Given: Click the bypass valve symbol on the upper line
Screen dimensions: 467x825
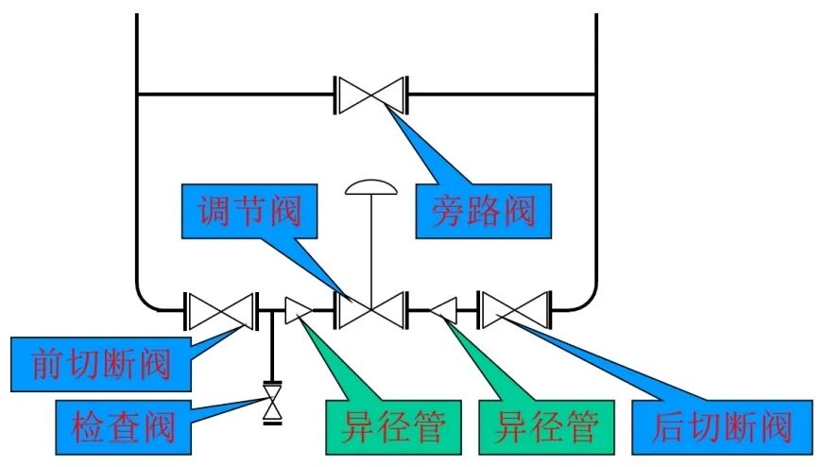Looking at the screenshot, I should point(371,94).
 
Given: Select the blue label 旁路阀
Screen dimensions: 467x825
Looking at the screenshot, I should point(484,210).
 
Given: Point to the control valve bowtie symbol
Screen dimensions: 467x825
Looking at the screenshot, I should point(371,309).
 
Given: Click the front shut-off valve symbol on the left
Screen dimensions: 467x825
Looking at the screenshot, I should point(221,309).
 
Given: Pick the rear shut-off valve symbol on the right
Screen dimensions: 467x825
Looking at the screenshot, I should point(515,309).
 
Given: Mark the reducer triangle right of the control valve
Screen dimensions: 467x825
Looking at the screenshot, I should point(444,309).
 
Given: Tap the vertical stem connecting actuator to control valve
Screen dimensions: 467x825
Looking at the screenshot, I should point(371,246).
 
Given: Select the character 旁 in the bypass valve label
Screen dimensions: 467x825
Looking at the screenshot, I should point(450,210).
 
